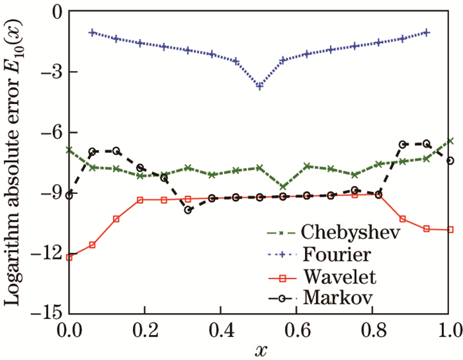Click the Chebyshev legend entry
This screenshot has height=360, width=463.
[351, 233]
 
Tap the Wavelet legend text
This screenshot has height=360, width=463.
[333, 276]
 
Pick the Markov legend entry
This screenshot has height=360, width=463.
[330, 297]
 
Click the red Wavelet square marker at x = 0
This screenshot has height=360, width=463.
[69, 257]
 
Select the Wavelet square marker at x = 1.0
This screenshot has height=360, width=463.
[450, 230]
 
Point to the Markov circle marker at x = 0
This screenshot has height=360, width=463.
[69, 195]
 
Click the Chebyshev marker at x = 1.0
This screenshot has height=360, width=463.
[450, 141]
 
